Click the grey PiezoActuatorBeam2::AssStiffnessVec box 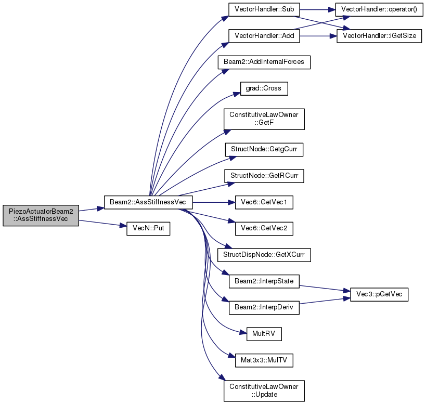[41, 215]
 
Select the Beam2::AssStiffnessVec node [148, 202]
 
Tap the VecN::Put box [148, 229]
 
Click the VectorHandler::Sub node [264, 9]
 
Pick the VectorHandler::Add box [264, 36]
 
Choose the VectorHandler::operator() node [379, 9]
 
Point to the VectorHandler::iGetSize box [379, 36]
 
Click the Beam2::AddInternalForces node [264, 62]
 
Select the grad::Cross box [264, 88]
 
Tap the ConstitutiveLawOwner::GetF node [264, 119]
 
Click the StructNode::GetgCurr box [264, 150]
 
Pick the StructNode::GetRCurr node [264, 176]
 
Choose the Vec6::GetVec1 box [264, 202]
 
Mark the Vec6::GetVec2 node [264, 229]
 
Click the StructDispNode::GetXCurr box [264, 255]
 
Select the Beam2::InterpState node [264, 281]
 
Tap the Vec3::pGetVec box [379, 295]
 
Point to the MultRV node [264, 334]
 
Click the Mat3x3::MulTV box [264, 360]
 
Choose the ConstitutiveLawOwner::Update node [264, 391]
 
